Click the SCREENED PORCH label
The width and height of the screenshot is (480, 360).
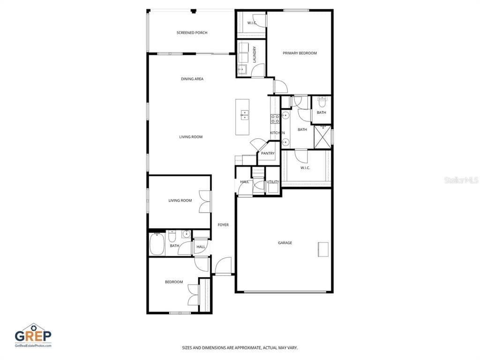coord(192,33)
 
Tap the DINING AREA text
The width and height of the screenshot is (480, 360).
coord(192,79)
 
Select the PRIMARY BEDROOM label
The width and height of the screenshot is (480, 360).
coord(300,53)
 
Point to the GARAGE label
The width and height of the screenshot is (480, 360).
coord(285,243)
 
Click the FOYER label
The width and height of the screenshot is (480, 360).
coord(223,225)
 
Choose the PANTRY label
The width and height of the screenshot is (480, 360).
coord(268,153)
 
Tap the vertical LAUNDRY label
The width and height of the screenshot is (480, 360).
coord(255,54)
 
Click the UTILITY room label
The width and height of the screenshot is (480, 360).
coord(273,182)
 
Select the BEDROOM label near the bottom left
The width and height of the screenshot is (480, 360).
coord(173,282)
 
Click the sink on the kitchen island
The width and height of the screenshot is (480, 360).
coord(245,114)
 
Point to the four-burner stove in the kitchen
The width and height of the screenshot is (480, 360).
coord(275,119)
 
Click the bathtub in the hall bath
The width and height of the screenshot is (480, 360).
coord(157,244)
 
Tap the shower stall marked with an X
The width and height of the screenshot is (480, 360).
coord(322,136)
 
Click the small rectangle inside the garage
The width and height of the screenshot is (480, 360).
coord(323,249)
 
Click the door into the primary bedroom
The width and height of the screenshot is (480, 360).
coord(280,87)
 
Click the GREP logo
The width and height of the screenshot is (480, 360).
coord(33,335)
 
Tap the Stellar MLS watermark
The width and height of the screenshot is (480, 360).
coord(462,180)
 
